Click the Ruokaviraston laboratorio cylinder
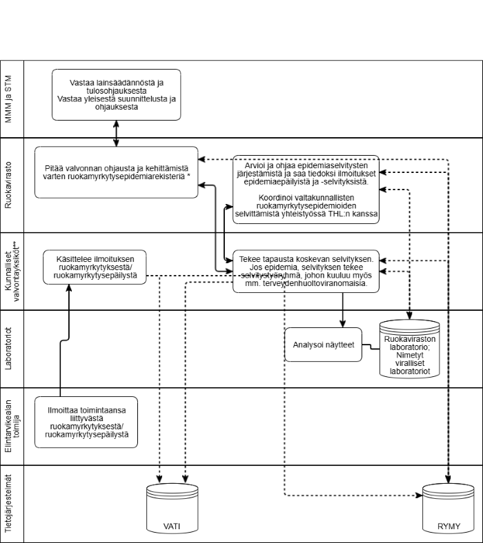coord(410,349)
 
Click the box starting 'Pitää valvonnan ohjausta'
coord(116,172)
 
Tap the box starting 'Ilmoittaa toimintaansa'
coord(95,422)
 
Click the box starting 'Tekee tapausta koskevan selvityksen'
coord(306,271)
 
